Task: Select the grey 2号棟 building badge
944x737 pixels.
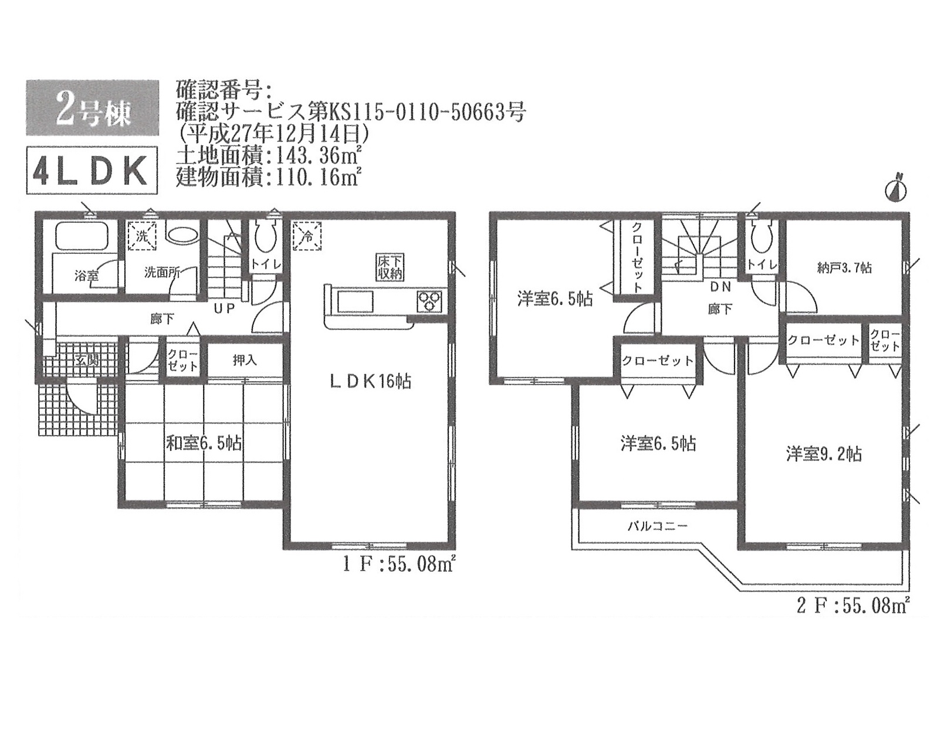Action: (x=92, y=108)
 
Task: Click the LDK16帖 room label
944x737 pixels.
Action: (x=370, y=382)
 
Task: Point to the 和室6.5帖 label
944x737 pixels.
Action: (x=204, y=443)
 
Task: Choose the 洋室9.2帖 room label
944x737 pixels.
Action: (x=824, y=454)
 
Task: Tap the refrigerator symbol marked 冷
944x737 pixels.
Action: (x=307, y=236)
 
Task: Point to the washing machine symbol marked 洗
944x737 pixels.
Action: (x=142, y=236)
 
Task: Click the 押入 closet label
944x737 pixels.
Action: (x=245, y=360)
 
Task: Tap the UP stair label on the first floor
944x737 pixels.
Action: (x=224, y=308)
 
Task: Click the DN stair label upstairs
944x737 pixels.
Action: (x=720, y=287)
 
